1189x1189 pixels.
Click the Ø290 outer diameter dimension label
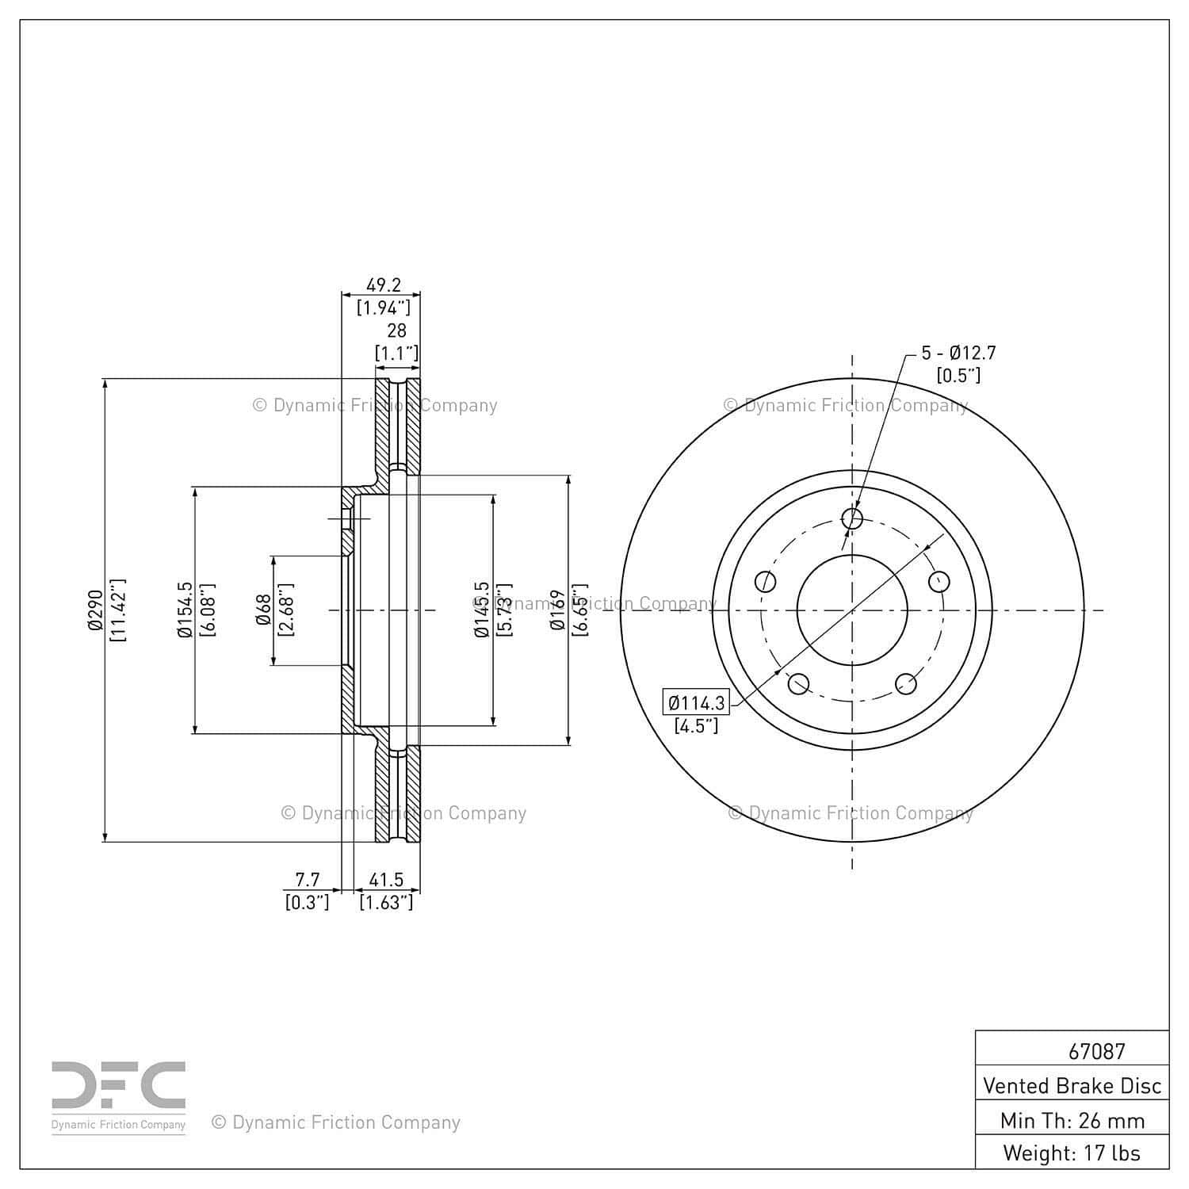[x=95, y=610]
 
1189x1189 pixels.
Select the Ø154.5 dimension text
[x=185, y=610]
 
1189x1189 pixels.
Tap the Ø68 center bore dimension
[x=264, y=610]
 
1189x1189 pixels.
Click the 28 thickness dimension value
[x=396, y=331]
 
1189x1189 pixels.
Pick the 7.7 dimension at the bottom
[x=308, y=880]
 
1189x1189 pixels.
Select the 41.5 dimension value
[x=386, y=880]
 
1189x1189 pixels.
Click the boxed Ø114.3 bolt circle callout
[x=696, y=703]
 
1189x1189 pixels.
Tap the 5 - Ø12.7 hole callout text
[x=958, y=354]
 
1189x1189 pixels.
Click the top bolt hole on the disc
[x=852, y=518]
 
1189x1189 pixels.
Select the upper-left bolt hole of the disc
[x=766, y=582]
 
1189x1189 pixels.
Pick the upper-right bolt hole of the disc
[x=939, y=582]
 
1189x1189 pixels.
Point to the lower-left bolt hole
[x=798, y=683]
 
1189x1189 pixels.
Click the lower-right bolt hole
[x=906, y=683]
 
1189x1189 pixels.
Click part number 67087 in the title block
[x=1096, y=1051]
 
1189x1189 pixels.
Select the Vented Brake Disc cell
[x=1072, y=1085]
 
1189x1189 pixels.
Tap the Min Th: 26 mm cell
[x=1072, y=1120]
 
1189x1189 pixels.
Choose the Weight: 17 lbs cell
[x=1072, y=1153]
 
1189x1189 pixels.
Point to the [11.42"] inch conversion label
[x=118, y=610]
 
